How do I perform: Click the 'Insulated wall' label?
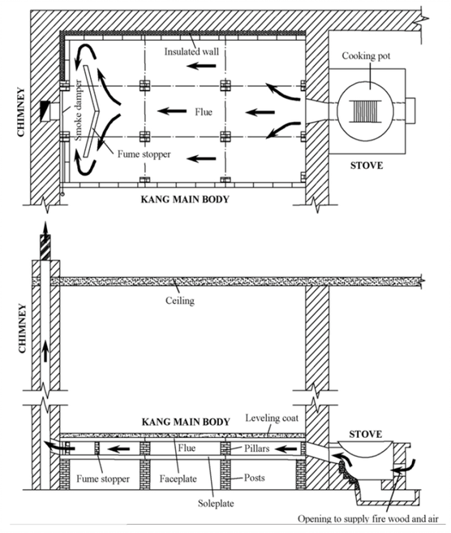[191, 52]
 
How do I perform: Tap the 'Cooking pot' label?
[366, 56]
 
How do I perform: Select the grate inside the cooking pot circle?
[366, 111]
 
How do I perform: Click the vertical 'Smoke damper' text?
[79, 110]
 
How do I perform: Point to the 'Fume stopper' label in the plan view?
[144, 154]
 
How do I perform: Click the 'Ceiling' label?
[180, 301]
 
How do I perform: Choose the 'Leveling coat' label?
[272, 418]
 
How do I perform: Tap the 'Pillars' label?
[257, 448]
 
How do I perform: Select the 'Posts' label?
[255, 478]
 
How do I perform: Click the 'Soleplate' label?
[216, 503]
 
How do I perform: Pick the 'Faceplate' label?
[178, 479]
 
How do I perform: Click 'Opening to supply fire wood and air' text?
[368, 518]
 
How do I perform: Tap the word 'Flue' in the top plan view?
[204, 112]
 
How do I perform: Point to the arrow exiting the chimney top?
[45, 231]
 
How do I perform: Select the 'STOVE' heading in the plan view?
[367, 166]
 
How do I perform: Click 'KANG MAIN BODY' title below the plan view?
[185, 199]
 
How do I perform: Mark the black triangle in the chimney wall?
[45, 110]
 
